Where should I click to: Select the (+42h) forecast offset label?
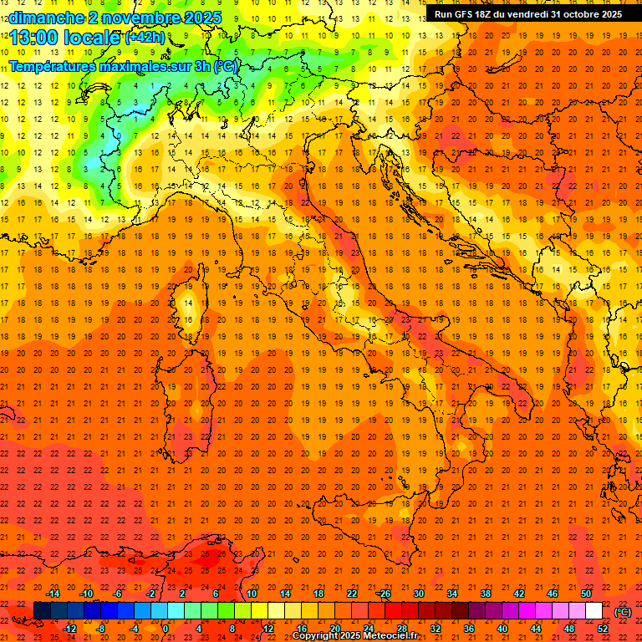[145, 38]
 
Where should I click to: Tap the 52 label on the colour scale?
[603, 629]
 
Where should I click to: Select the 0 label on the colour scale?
[166, 629]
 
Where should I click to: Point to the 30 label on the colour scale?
[419, 594]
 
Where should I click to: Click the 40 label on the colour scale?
[502, 629]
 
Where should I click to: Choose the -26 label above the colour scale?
[384, 594]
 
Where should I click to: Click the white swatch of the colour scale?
[594, 611]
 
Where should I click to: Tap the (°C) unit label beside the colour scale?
[623, 612]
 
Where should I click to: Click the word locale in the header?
[92, 38]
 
